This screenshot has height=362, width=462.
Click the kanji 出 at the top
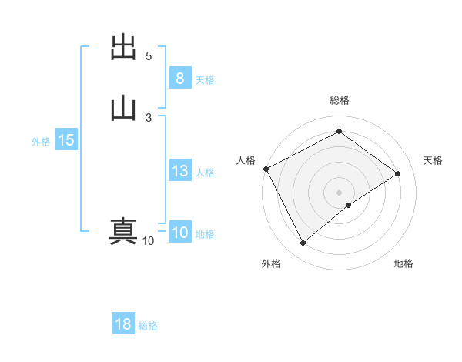click(x=124, y=48)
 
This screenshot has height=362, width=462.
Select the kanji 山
click(x=124, y=108)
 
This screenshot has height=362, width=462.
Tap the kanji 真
click(x=124, y=231)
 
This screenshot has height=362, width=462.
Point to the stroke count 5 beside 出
click(x=149, y=56)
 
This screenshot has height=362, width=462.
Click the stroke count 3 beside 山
click(x=149, y=117)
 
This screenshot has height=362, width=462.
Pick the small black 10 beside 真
click(x=148, y=241)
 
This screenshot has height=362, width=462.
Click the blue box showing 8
click(x=179, y=78)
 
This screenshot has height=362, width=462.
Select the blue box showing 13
click(x=179, y=171)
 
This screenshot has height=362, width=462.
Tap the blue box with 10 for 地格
click(x=179, y=233)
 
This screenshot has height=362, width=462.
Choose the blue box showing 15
click(x=65, y=140)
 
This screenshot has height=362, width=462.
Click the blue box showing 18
click(x=122, y=324)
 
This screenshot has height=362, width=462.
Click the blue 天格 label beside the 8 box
click(x=205, y=80)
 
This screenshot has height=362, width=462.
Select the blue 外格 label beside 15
click(x=40, y=142)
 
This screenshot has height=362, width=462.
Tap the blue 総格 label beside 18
click(x=148, y=327)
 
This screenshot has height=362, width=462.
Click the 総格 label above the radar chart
click(x=340, y=100)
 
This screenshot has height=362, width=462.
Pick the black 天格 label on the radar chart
click(x=434, y=160)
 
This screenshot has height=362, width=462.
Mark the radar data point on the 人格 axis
click(x=266, y=169)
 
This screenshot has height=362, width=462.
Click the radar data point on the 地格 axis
click(x=349, y=205)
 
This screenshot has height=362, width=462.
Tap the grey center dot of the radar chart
click(x=339, y=192)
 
